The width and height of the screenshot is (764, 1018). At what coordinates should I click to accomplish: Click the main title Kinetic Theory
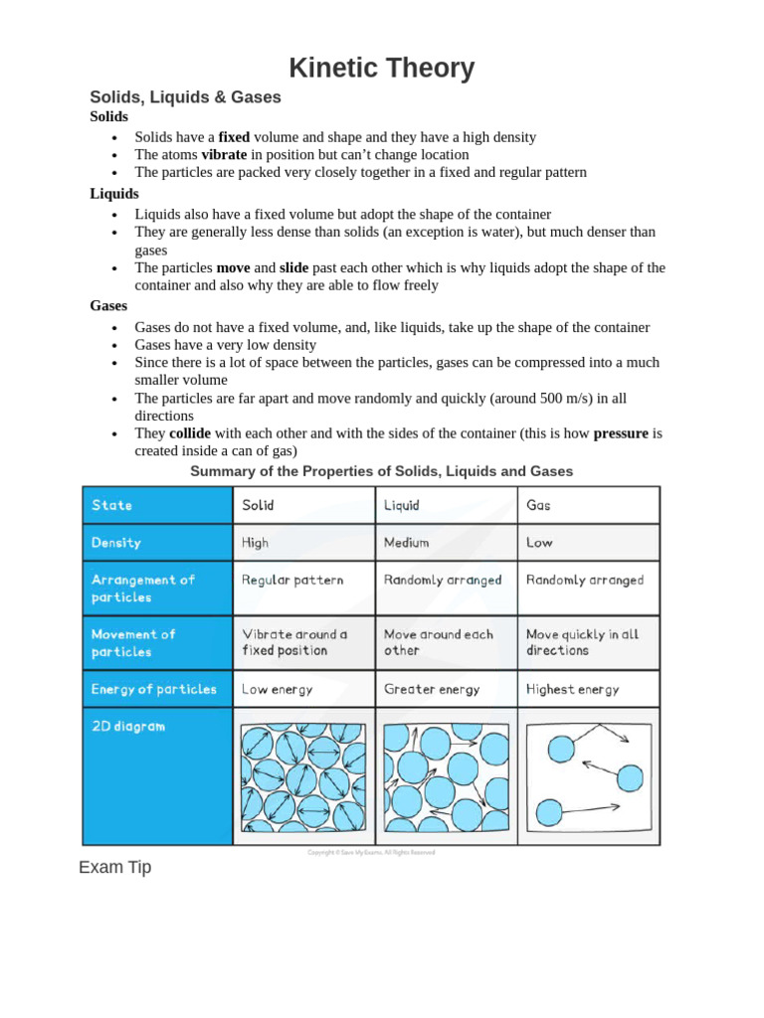[381, 69]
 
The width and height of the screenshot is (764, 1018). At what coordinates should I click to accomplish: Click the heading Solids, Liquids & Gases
[185, 97]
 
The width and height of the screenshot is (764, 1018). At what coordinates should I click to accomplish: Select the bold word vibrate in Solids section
[224, 155]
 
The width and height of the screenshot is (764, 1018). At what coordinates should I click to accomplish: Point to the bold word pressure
[621, 433]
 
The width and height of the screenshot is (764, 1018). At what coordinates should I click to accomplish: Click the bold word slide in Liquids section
[293, 268]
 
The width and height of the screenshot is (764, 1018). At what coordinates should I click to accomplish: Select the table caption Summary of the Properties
[381, 471]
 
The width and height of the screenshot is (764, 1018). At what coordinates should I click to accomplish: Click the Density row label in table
[116, 543]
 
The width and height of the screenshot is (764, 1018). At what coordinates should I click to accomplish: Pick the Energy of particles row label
[154, 689]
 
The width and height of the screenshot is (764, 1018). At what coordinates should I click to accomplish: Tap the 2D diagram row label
[128, 727]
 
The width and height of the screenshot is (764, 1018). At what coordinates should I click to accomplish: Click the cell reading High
[255, 543]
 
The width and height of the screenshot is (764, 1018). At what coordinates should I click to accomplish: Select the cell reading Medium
[406, 543]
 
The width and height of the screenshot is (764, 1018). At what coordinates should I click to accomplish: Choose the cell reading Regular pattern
[292, 580]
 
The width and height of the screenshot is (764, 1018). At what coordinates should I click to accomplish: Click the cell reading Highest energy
[572, 689]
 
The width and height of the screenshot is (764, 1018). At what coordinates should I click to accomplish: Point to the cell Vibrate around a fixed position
[294, 642]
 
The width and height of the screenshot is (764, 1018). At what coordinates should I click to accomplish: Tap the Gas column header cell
[538, 505]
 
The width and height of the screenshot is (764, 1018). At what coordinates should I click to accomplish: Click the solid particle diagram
[303, 776]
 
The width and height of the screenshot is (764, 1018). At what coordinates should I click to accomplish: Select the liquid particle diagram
[446, 776]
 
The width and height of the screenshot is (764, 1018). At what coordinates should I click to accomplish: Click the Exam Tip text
[115, 867]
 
